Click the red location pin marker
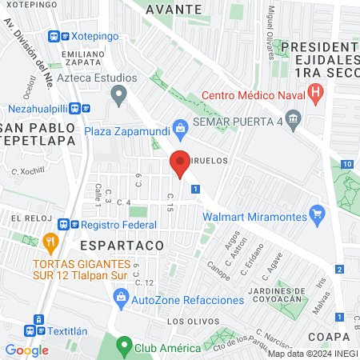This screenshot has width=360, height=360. (x=181, y=164)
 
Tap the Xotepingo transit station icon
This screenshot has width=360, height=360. (x=54, y=37)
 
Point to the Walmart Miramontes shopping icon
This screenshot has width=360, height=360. (x=318, y=214)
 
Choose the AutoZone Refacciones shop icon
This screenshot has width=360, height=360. (x=121, y=299)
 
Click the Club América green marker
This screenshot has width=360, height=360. (x=123, y=347)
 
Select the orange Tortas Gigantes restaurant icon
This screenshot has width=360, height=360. (x=50, y=240)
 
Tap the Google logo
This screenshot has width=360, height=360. (x=26, y=350)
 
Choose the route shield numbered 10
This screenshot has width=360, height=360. (x=346, y=164)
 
